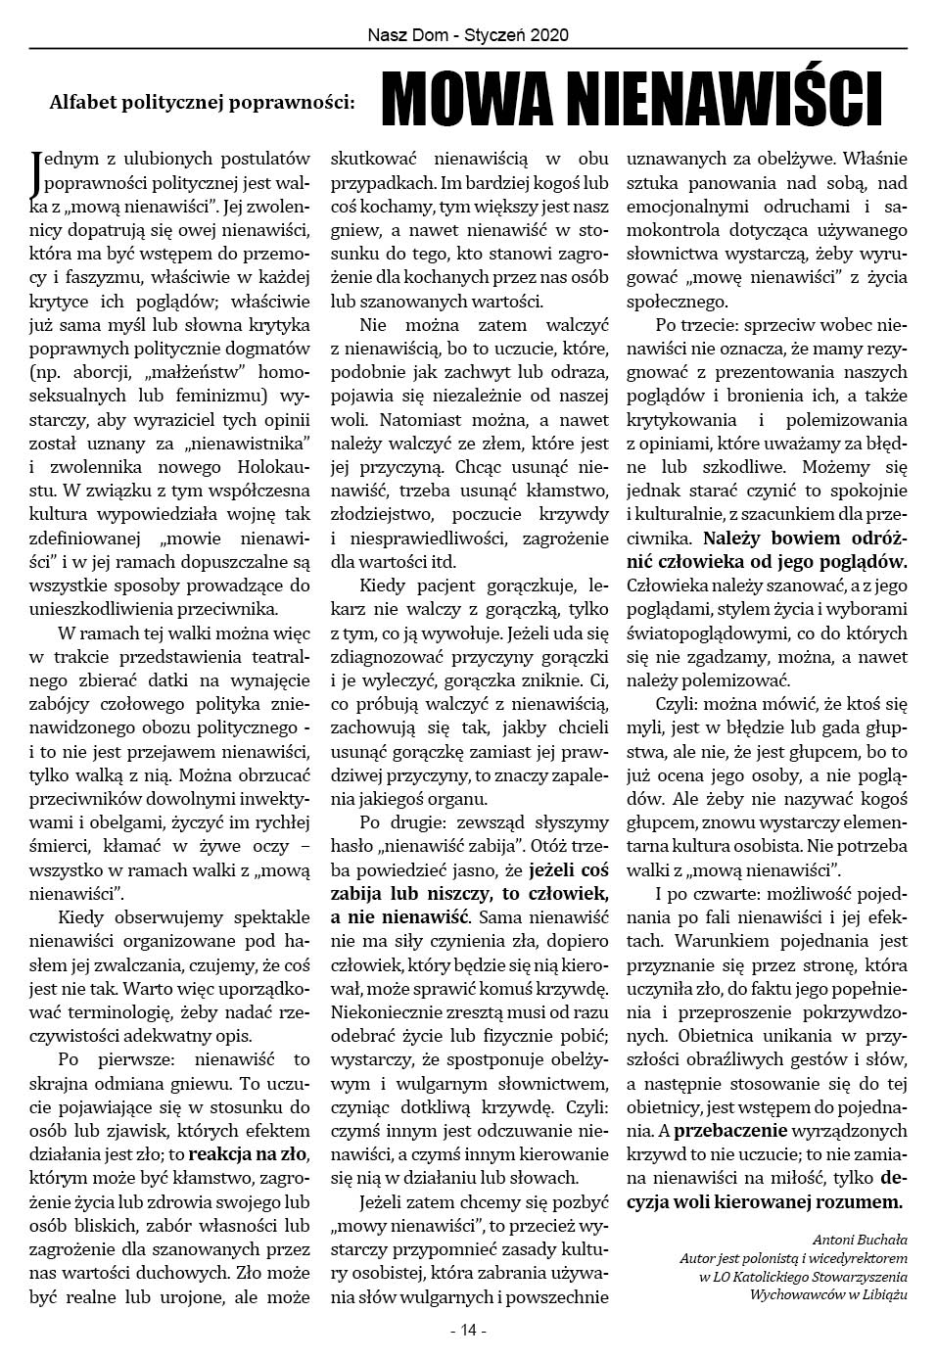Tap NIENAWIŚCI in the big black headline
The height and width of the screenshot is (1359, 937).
(721, 98)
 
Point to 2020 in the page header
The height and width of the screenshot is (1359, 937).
(550, 34)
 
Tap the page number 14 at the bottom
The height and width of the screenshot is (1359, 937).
(468, 1331)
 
